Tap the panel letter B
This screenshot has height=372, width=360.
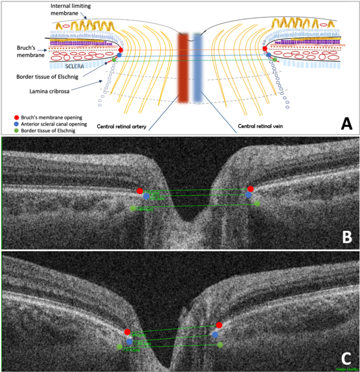[x=346, y=236]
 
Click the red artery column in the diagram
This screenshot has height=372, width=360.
[x=183, y=68]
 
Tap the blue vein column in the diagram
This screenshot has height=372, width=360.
[x=197, y=68]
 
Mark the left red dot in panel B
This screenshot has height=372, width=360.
[x=139, y=190]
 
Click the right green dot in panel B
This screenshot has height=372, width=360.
[x=257, y=204]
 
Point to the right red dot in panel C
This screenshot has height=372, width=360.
[x=219, y=325]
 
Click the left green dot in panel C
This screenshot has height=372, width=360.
[x=119, y=347]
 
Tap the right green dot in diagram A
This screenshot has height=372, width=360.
[x=275, y=59]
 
